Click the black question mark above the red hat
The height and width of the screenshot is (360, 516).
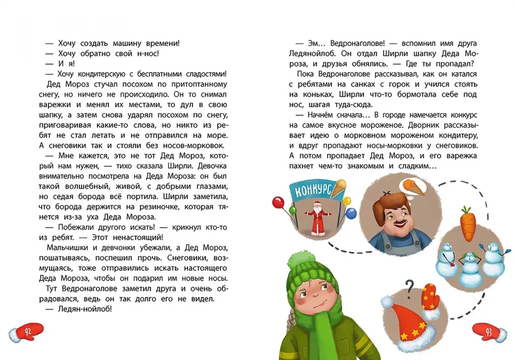pos(410,286)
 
